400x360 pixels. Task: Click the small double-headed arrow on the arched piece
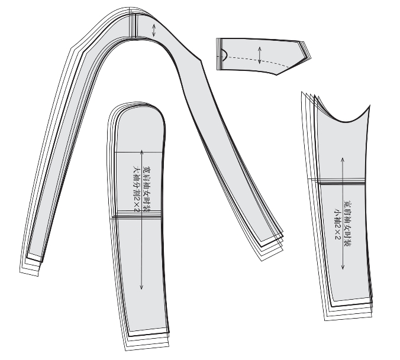pos(154,30)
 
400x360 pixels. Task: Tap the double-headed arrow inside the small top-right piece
pos(260,55)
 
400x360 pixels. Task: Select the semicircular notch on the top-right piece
pos(224,55)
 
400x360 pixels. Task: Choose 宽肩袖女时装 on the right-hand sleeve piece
pos(347,223)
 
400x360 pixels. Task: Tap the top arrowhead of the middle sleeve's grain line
pos(141,151)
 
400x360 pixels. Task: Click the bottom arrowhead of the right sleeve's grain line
pos(343,268)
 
